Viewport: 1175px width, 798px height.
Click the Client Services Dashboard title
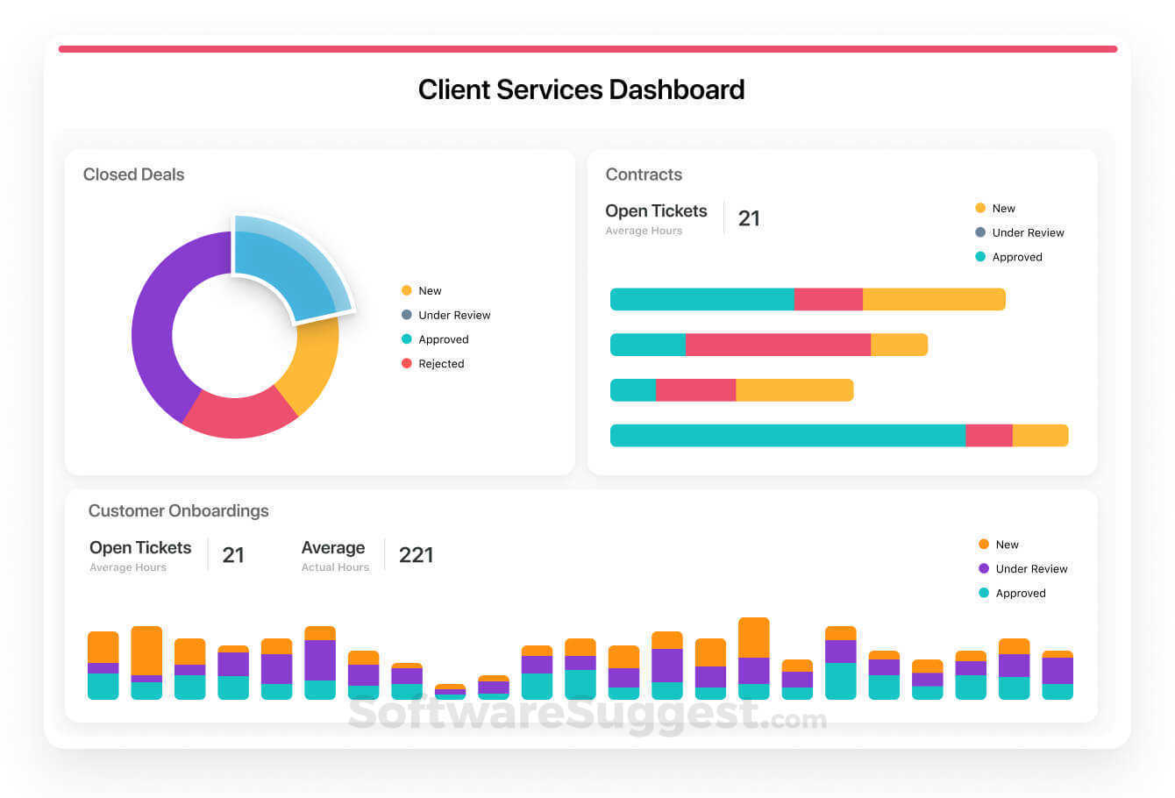click(580, 89)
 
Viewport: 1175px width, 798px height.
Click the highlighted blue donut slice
click(289, 267)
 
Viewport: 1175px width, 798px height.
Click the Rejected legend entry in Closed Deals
click(440, 364)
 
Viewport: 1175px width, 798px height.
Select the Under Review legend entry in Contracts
click(1027, 232)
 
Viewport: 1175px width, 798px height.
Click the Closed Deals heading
click(133, 175)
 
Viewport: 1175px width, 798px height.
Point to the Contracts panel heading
click(643, 175)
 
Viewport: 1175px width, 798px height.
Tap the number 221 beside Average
click(416, 555)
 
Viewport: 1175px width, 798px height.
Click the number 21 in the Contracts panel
click(748, 218)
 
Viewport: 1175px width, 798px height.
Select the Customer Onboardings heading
click(178, 510)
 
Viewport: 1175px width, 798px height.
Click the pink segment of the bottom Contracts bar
click(988, 436)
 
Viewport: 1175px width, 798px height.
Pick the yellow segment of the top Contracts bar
click(933, 299)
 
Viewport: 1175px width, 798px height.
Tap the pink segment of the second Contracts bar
click(777, 345)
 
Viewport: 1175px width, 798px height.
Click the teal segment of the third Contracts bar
click(632, 390)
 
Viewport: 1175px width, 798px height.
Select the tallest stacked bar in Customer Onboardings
click(753, 658)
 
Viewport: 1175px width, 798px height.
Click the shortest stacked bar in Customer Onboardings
click(450, 692)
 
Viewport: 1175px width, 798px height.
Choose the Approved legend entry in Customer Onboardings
click(1020, 594)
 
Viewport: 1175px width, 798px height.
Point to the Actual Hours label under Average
click(335, 567)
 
